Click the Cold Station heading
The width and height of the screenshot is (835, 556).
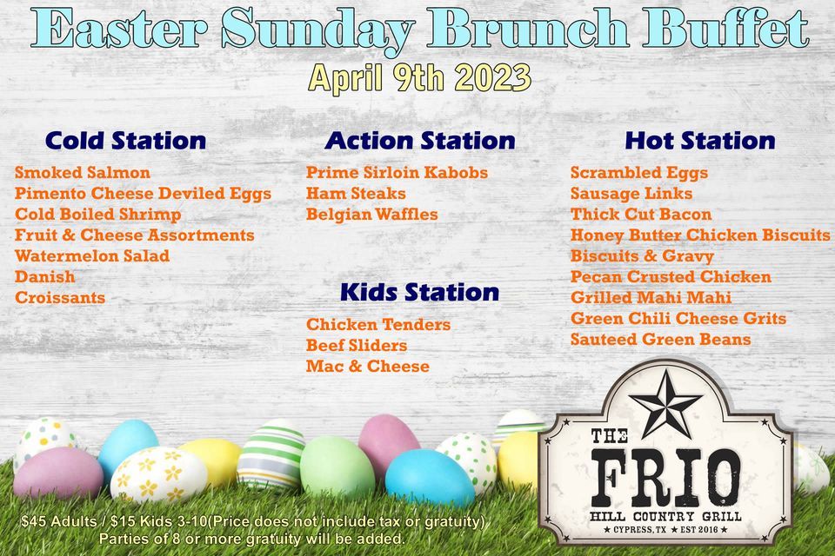[x=125, y=141]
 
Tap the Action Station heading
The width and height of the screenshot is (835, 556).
[x=420, y=141]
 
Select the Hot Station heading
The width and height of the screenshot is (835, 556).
[x=700, y=141]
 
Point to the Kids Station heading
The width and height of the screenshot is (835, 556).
[x=419, y=292]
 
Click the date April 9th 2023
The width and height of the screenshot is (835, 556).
[x=420, y=79]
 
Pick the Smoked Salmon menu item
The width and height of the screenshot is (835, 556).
[x=83, y=173]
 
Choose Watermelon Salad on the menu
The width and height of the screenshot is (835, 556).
[x=92, y=256]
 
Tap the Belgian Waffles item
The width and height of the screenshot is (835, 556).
[x=372, y=215]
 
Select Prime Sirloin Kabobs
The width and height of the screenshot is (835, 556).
[x=397, y=173]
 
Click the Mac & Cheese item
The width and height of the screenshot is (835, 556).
[x=368, y=367]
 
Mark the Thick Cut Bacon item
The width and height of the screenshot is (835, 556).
[x=641, y=215]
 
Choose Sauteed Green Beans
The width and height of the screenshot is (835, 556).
[x=661, y=340]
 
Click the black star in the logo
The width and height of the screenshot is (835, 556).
[x=665, y=402]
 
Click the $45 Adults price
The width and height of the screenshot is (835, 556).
[x=57, y=522]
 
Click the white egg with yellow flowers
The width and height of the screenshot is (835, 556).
[x=159, y=474]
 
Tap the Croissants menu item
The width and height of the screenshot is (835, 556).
[x=60, y=298]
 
